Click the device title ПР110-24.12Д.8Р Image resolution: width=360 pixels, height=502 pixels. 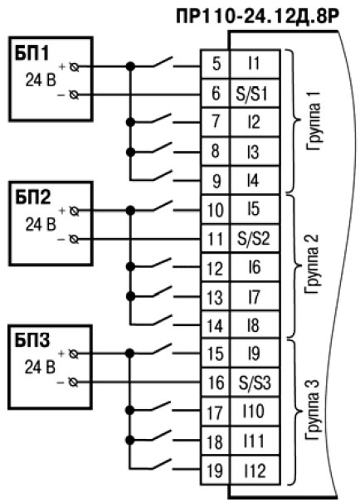tap(257, 17)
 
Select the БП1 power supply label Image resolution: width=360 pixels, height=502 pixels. tap(32, 53)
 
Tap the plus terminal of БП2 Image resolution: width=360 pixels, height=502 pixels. tap(74, 211)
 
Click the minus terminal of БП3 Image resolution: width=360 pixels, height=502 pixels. tap(73, 383)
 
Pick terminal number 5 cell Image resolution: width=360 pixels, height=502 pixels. tap(216, 64)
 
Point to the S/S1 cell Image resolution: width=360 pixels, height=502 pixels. tap(255, 93)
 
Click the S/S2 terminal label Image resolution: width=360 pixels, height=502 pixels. tap(254, 239)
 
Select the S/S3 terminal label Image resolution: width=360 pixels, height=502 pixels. tap(255, 383)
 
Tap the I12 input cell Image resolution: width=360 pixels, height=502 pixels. tap(255, 470)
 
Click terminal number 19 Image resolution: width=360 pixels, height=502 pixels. tap(215, 470)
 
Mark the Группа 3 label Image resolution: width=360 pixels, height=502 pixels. tap(313, 411)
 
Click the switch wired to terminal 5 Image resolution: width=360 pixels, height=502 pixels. tap(163, 63)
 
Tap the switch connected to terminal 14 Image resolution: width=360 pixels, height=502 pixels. tap(163, 320)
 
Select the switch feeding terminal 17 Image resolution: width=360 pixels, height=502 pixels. tap(163, 407)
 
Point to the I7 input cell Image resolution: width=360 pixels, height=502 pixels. tap(255, 297)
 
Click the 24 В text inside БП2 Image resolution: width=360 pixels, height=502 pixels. tap(41, 224)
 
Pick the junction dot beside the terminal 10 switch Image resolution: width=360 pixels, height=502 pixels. tap(130, 210)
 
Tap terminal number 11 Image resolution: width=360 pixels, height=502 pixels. tap(215, 239)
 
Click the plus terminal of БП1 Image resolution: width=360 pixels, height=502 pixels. tap(75, 67)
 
